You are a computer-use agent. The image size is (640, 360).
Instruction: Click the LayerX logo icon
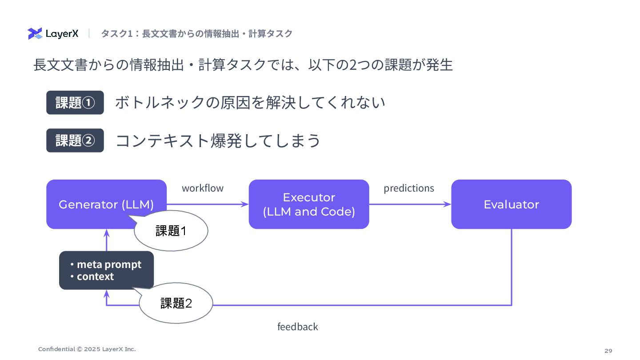coord(35,33)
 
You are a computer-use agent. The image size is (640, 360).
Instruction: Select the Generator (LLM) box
coord(106,204)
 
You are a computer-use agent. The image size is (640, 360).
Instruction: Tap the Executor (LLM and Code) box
coord(309,204)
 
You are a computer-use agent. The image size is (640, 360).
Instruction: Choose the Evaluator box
coord(512,204)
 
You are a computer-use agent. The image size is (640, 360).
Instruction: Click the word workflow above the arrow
coord(203,188)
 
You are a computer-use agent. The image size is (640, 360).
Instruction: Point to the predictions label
coord(409,188)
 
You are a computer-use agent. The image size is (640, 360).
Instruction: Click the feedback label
coord(297,327)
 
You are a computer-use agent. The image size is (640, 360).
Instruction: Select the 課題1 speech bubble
coord(171,231)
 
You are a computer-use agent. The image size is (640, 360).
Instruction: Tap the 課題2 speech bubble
coord(176,303)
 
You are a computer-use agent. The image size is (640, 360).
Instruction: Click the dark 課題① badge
coord(75,103)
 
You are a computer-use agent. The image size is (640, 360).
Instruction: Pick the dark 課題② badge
coord(75,140)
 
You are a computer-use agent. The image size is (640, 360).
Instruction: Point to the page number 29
coord(608,351)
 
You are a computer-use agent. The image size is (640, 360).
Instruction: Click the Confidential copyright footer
coord(87,349)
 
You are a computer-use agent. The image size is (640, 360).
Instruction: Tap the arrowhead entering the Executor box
coord(244,204)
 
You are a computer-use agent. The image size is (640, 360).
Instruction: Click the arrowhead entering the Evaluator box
coord(447,204)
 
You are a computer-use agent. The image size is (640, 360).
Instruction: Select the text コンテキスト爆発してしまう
coord(218,140)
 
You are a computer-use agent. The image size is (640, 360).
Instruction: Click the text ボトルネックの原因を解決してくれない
coord(250,103)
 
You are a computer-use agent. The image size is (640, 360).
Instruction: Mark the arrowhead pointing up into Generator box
coord(107,233)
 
